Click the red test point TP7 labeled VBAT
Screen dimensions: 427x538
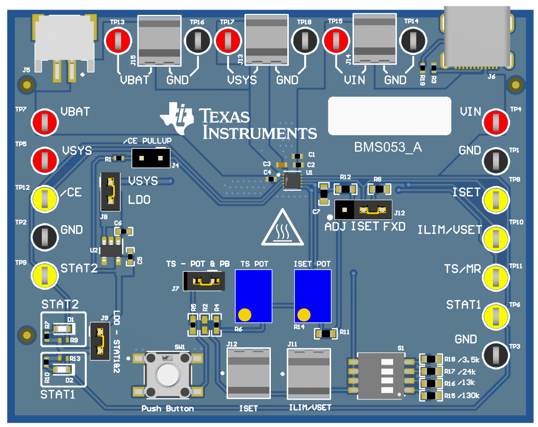point(45,121)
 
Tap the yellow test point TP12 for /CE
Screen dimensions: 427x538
point(45,198)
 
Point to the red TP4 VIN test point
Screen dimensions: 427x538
point(496,122)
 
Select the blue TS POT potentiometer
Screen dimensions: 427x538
point(253,296)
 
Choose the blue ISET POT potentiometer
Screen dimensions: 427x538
point(313,296)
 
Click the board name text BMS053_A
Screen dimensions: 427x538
point(388,147)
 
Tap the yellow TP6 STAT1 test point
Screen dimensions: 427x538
point(496,315)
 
